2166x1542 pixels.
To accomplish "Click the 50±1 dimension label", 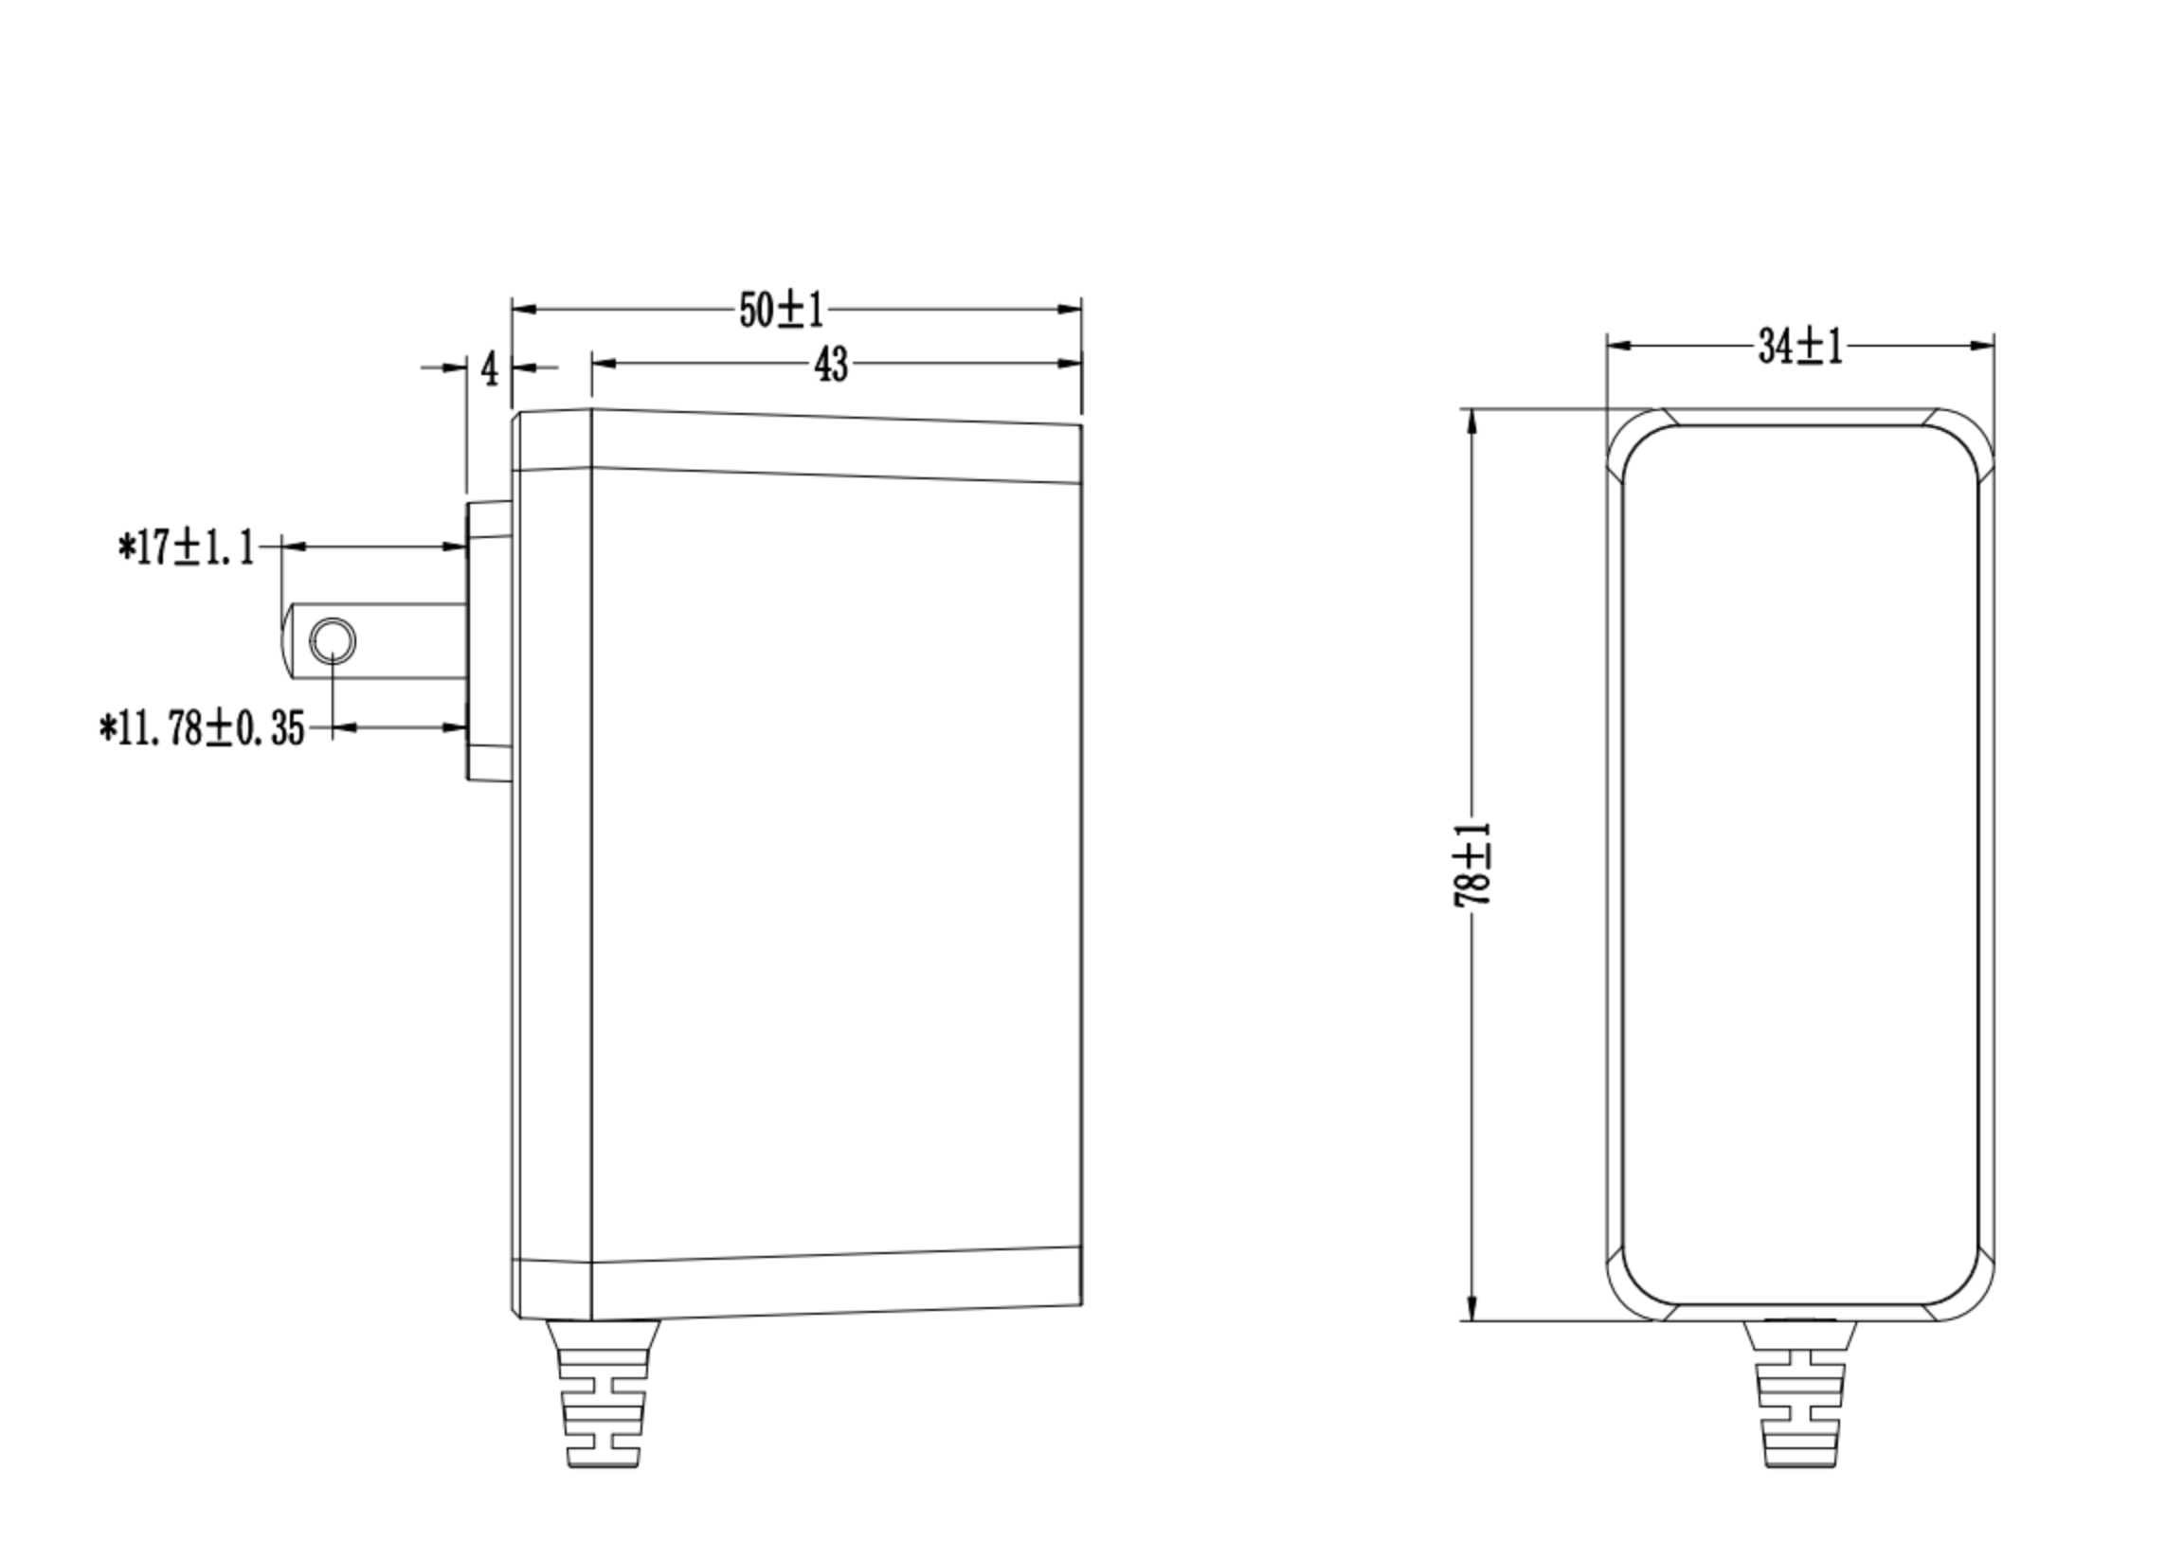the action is point(782,311).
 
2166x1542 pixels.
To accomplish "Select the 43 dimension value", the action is point(831,365).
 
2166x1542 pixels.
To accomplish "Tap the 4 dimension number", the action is point(489,368).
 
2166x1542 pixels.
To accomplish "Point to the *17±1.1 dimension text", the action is point(186,547).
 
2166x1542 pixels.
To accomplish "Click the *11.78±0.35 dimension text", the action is point(202,729).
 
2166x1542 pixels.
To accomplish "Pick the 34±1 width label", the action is point(1799,347).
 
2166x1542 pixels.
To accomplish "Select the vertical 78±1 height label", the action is point(1472,865).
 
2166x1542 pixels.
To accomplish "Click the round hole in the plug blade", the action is point(334,641).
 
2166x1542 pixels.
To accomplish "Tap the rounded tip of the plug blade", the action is point(286,641).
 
